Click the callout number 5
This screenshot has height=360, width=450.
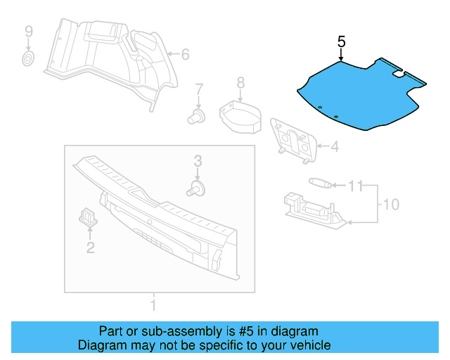click(x=341, y=41)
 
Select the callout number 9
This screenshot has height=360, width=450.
click(x=29, y=31)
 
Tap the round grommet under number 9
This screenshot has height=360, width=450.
click(x=28, y=58)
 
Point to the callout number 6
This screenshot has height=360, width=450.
click(x=186, y=54)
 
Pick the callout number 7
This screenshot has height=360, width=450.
click(x=199, y=89)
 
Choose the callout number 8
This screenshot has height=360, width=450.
click(x=240, y=83)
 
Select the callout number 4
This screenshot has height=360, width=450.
click(x=335, y=147)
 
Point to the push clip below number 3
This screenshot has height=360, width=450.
click(x=198, y=188)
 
